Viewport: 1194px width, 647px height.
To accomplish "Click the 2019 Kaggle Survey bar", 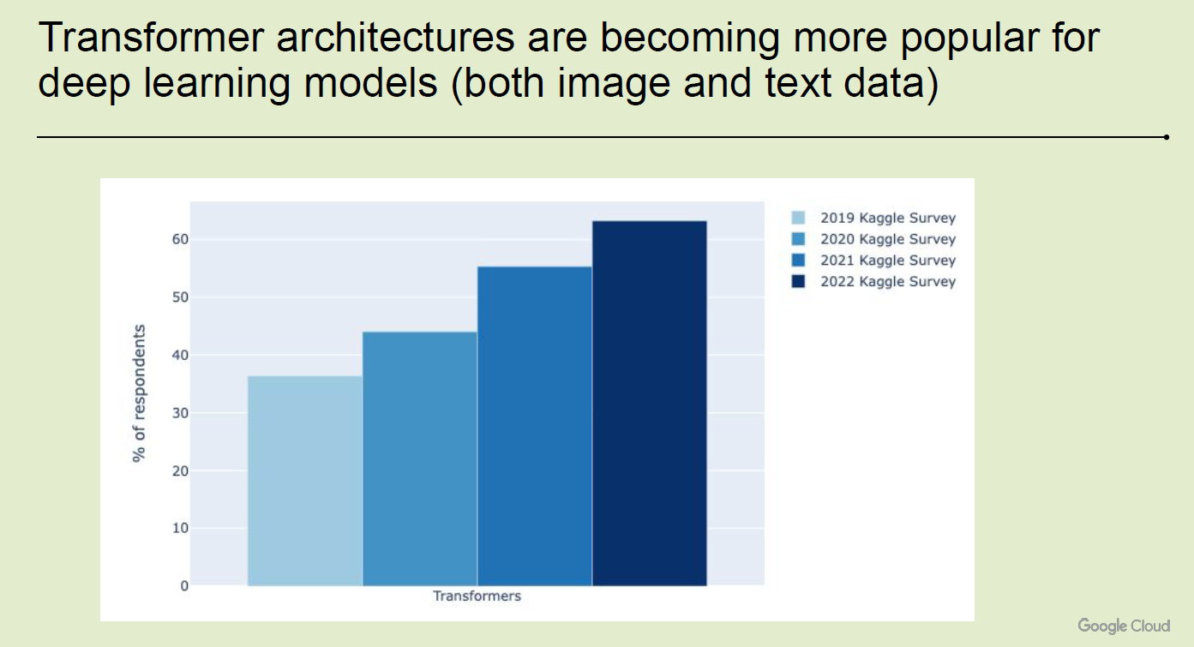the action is click(x=305, y=481).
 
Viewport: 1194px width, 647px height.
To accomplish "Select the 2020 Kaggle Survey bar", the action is click(x=420, y=458).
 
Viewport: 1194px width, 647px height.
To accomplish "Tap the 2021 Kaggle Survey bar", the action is click(x=535, y=427).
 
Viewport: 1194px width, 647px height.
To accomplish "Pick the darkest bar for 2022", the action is click(x=650, y=404).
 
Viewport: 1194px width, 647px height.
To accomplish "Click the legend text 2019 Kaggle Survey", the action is click(x=888, y=218).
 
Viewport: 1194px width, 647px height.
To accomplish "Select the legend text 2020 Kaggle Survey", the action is click(x=888, y=239).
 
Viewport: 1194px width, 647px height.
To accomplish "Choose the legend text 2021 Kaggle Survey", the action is click(x=888, y=261).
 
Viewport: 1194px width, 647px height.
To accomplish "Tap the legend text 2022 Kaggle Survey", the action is click(x=888, y=281).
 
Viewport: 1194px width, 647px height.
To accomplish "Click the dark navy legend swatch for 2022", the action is click(x=799, y=281).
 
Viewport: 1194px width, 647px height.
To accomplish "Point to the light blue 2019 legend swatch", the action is click(x=799, y=218).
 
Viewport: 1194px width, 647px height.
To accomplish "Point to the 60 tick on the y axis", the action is click(x=180, y=239).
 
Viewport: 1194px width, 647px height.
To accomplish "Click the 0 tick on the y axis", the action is click(x=184, y=586).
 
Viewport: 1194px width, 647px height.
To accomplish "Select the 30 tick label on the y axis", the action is click(x=180, y=413).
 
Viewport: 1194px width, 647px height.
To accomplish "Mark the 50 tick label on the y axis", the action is click(x=180, y=297).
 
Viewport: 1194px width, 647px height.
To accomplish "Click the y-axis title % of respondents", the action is click(x=139, y=393).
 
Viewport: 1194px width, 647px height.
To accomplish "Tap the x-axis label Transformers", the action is click(x=477, y=596).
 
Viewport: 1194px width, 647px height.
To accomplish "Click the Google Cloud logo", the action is click(x=1124, y=626).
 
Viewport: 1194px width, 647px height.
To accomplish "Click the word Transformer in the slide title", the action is click(x=151, y=38).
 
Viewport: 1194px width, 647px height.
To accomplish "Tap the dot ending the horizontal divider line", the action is click(x=1167, y=137).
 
